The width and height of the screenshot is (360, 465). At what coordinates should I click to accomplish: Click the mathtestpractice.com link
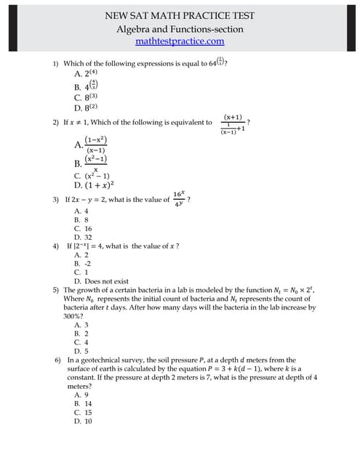point(180,41)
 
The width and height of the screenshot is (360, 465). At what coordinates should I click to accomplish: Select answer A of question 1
point(86,73)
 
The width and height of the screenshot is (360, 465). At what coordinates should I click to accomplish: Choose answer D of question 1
point(86,108)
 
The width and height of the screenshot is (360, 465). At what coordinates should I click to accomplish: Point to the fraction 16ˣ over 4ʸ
point(178,199)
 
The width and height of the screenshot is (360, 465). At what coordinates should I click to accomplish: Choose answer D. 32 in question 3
point(83,237)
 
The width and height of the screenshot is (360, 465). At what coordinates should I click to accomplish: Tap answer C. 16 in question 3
point(83,228)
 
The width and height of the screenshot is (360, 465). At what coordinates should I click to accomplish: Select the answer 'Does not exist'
point(101,281)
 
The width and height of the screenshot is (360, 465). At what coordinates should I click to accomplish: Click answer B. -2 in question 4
point(82,264)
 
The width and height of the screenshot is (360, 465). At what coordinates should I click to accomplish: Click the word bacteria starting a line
point(79,307)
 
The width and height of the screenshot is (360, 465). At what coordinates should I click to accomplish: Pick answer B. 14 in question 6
point(83,403)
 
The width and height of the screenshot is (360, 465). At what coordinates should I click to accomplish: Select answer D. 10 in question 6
point(83,421)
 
